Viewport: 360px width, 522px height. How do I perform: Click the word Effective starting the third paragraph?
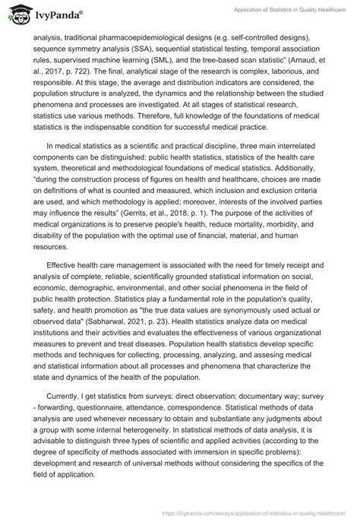click(x=62, y=274)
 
